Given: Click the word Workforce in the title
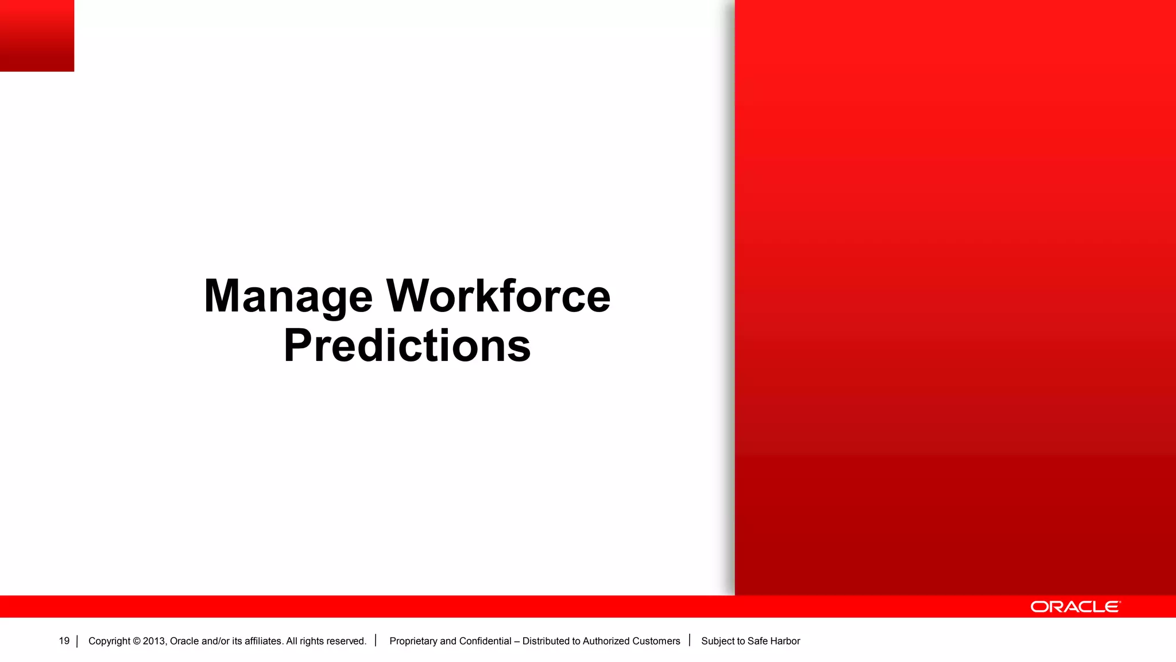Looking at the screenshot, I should (x=498, y=297).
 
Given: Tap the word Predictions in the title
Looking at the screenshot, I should (x=407, y=346).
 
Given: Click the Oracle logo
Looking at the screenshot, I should (x=1075, y=607).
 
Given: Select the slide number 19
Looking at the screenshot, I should (x=64, y=641).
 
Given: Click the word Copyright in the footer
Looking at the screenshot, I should (x=109, y=641).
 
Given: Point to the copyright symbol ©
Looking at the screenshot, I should (x=137, y=641).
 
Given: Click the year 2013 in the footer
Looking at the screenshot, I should (x=154, y=641).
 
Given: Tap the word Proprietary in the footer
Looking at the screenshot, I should (x=413, y=641).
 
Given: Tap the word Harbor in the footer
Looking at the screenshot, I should (x=785, y=641).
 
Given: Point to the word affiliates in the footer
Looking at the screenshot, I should (x=263, y=641).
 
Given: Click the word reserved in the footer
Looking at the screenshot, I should (x=346, y=641).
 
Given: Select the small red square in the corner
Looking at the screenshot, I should (x=37, y=36).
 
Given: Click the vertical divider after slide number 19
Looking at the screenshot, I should (x=77, y=641).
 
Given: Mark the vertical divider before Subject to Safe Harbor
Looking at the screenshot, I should (x=690, y=640).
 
